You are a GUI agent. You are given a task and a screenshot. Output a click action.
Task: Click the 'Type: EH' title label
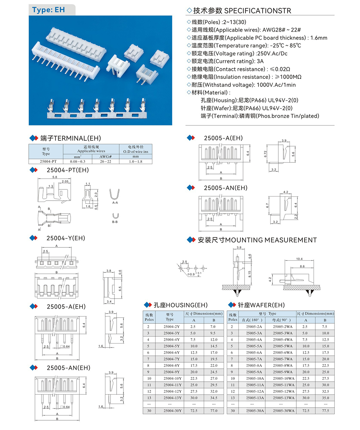[x=49, y=10]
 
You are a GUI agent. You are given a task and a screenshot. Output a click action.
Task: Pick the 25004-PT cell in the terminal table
[x=46, y=162]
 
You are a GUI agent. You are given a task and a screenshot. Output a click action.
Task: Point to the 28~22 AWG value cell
[x=105, y=162]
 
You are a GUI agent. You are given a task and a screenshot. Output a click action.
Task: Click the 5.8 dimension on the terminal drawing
[x=54, y=177]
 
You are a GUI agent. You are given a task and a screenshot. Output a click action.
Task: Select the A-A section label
[x=115, y=203]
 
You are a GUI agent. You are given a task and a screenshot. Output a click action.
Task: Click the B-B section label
[x=115, y=222]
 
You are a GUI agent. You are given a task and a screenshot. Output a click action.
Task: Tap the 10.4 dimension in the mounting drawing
[x=299, y=259]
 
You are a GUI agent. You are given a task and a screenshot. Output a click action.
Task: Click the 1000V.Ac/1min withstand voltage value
[x=276, y=85]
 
